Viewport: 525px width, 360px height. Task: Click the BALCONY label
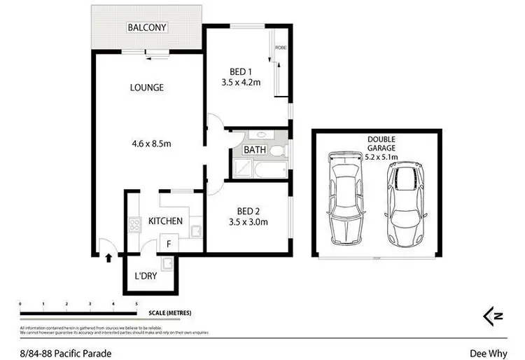tap(146, 28)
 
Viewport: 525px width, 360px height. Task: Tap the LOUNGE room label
tap(146, 88)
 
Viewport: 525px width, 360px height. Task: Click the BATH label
tap(253, 150)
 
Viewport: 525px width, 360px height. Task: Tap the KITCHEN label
tap(165, 221)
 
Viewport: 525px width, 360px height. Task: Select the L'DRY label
tap(145, 276)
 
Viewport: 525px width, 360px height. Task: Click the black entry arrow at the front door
tap(108, 258)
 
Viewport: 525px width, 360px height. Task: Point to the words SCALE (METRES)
tap(169, 312)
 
